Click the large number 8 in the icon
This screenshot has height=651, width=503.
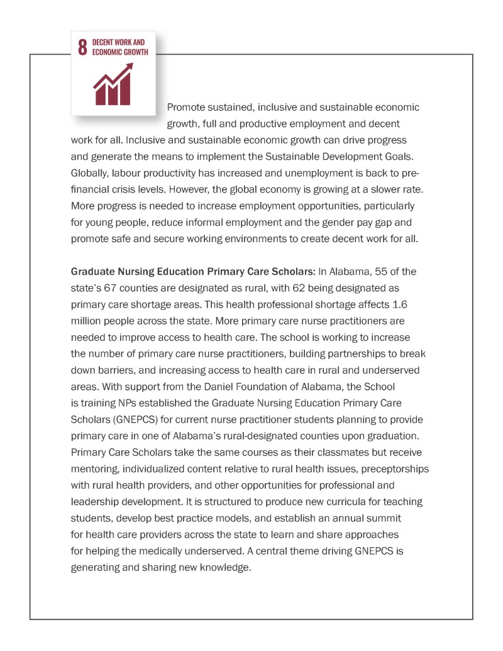coord(82,48)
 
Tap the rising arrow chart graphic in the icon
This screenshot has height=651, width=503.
coord(113,87)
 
